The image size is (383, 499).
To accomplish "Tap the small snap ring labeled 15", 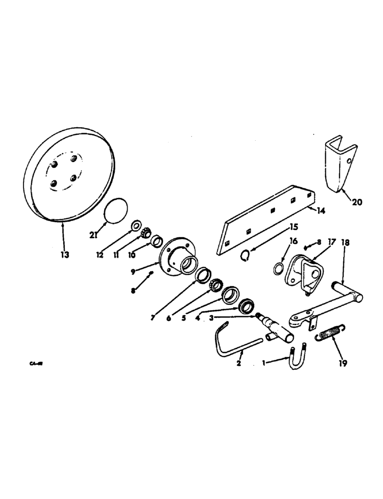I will tap(245, 255).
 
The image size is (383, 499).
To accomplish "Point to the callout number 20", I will tap(358, 203).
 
